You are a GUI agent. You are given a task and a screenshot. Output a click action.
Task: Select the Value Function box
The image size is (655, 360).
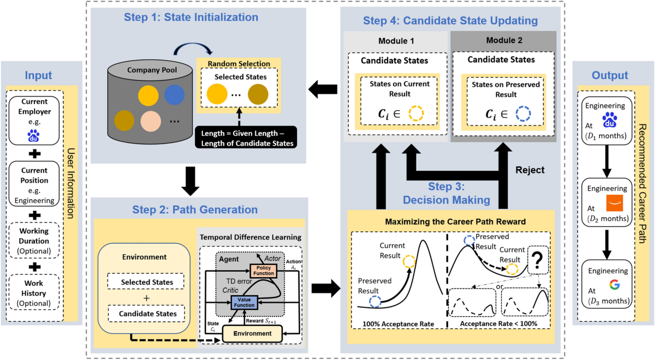[244, 302]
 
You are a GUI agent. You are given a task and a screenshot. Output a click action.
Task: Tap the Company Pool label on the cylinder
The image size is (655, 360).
[152, 70]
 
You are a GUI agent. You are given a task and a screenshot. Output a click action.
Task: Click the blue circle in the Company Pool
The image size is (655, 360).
[175, 94]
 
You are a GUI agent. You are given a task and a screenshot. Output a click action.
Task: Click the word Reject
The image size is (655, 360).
[529, 170]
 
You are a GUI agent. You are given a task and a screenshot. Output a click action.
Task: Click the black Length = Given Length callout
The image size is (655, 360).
[245, 137]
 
